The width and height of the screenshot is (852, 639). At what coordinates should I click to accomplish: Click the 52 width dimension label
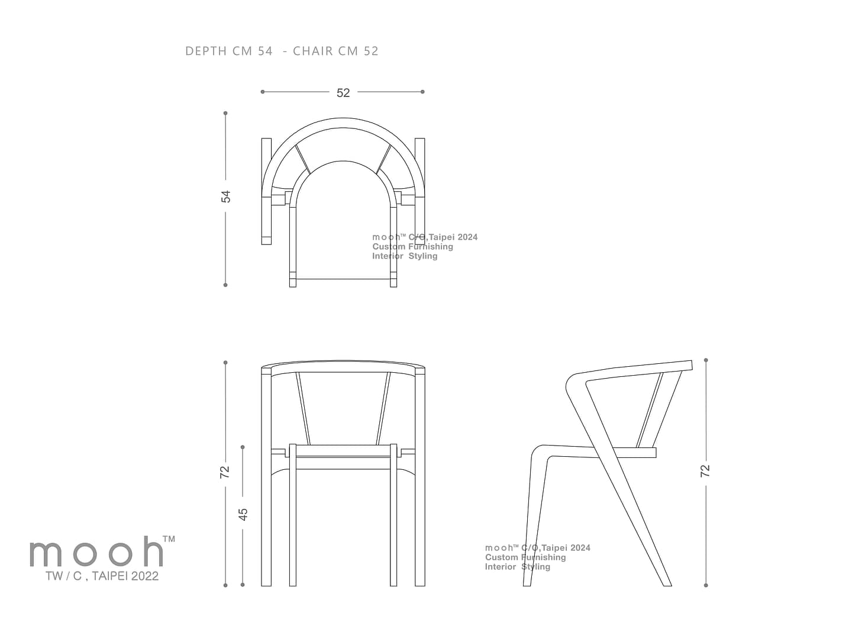[343, 93]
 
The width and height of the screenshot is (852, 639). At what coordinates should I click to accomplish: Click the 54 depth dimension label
[225, 196]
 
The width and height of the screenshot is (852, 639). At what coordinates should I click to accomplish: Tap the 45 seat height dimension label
[243, 514]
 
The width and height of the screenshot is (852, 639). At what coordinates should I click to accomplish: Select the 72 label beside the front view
[225, 472]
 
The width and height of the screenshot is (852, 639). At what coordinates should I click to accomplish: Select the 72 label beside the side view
[705, 470]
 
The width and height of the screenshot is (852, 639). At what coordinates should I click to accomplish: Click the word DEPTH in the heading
[206, 51]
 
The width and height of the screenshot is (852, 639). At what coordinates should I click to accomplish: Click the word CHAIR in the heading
[313, 51]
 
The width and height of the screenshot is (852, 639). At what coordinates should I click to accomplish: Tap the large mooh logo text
[96, 552]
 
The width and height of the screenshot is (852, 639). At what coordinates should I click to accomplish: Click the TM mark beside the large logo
[169, 539]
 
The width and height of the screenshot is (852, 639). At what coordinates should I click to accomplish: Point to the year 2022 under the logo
[145, 576]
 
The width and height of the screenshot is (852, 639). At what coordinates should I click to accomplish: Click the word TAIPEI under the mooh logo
[110, 576]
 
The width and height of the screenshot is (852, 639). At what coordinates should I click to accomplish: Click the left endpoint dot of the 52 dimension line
[263, 92]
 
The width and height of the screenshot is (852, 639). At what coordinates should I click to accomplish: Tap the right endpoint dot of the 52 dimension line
[422, 92]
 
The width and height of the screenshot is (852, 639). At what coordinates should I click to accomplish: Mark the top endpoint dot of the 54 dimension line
[225, 113]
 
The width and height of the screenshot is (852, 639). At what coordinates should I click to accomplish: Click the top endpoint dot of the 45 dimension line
[243, 447]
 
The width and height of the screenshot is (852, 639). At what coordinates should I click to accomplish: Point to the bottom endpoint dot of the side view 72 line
[706, 586]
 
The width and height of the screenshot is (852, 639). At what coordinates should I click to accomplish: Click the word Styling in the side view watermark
[535, 567]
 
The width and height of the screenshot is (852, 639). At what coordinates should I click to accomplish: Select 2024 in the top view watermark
[468, 237]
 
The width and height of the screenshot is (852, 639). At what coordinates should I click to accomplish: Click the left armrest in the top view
[266, 191]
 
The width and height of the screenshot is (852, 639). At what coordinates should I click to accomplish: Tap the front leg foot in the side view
[527, 583]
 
